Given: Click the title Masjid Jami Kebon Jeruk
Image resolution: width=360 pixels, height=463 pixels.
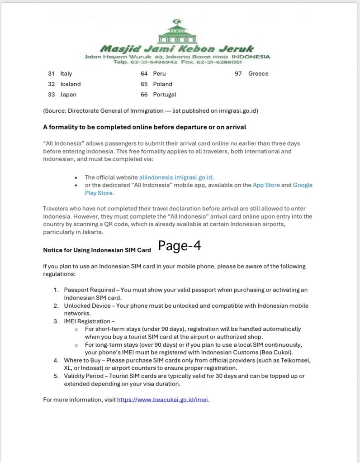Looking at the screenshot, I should tap(177, 48).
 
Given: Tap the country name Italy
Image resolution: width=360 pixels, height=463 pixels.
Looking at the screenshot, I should tap(66, 74).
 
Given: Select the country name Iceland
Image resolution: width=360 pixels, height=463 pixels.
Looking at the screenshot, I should tap(71, 84).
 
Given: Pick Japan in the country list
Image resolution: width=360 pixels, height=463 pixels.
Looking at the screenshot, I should tap(68, 95).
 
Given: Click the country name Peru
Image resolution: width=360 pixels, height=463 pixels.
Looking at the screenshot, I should tap(160, 74).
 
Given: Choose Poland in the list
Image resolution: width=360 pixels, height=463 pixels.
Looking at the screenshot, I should tap(163, 84).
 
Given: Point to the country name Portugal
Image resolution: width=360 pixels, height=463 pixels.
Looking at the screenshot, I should tap(165, 95).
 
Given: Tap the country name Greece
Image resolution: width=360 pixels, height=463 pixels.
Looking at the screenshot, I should tap(258, 74).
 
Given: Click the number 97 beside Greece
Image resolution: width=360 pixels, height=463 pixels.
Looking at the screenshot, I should tap(238, 74).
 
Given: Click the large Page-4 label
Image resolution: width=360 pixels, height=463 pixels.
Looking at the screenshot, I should tap(180, 246).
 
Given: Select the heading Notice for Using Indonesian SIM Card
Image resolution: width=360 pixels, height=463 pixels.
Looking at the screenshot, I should tap(97, 250).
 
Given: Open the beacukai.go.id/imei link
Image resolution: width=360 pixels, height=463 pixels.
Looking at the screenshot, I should tap(163, 400).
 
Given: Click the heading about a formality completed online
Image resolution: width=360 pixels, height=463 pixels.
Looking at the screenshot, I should tap(144, 127).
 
